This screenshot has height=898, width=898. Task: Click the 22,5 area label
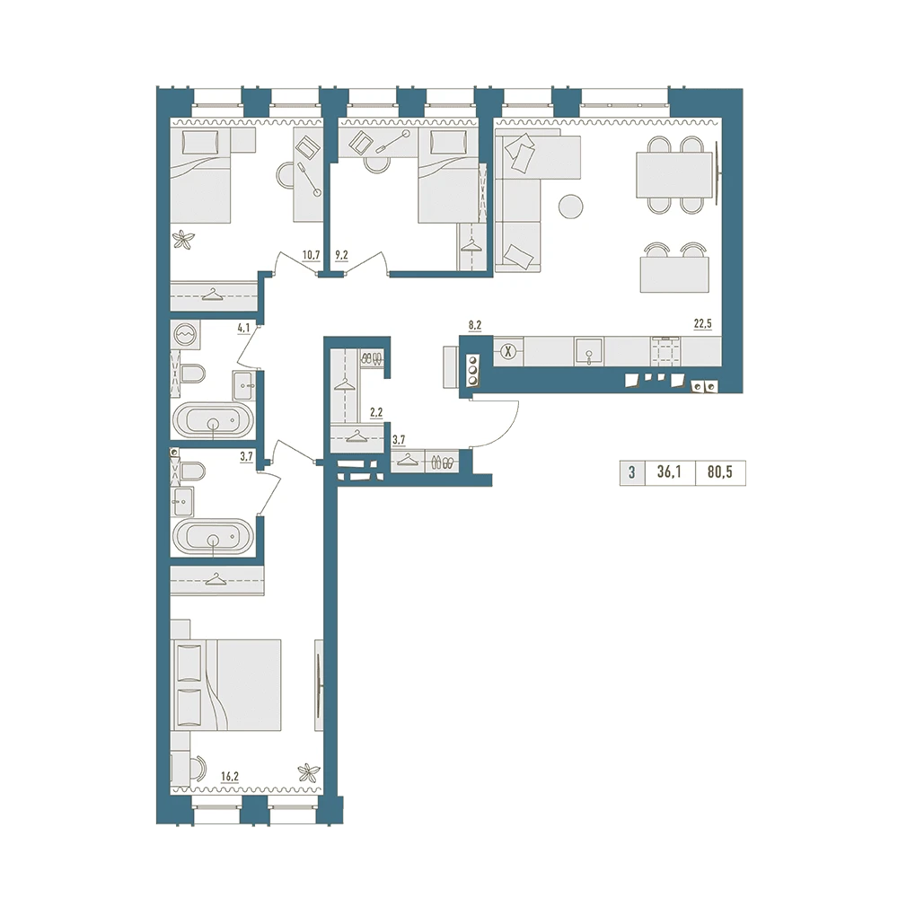(703, 324)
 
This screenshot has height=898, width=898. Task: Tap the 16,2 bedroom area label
(230, 777)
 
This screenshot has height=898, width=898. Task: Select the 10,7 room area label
(311, 255)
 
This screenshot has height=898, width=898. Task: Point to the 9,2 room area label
(341, 255)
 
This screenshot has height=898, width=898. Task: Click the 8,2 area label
(475, 326)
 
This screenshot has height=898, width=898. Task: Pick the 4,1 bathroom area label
(243, 328)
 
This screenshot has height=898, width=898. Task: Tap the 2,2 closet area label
(376, 412)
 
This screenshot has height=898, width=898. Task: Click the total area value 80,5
(720, 472)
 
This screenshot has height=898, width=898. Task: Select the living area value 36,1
(670, 472)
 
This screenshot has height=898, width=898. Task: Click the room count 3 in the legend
(631, 472)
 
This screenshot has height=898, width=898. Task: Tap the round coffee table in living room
(570, 207)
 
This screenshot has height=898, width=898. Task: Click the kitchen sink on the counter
(589, 351)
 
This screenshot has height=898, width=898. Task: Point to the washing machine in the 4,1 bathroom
(186, 334)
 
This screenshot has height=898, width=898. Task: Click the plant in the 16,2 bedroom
(308, 772)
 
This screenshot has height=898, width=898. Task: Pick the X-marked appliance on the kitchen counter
(507, 351)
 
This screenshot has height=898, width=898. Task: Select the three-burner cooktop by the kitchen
(473, 371)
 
